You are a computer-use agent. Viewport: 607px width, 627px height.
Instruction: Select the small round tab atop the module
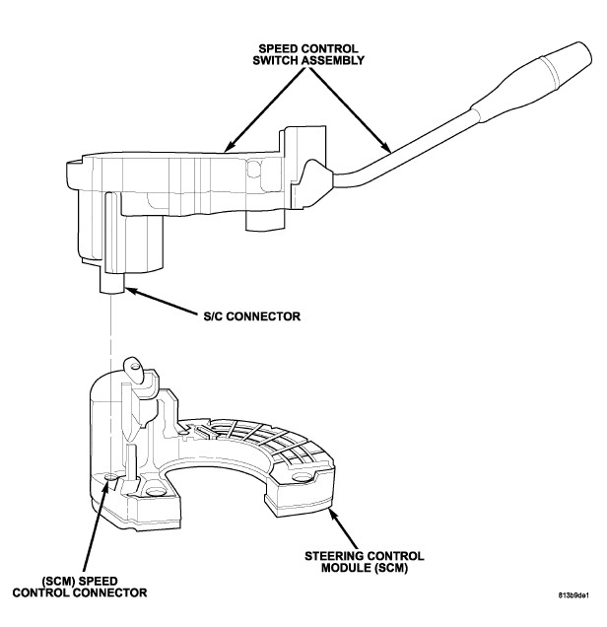point(137,372)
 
